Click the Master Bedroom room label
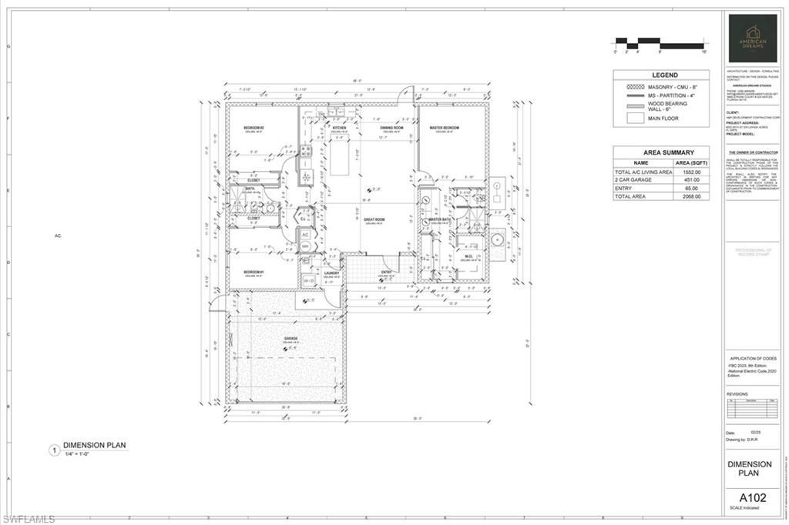tap(444, 128)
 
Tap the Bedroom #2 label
tap(254, 128)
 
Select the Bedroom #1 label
tap(254, 273)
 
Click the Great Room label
tap(374, 219)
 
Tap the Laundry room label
tap(332, 273)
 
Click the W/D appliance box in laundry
tap(308, 280)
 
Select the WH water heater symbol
tap(305, 246)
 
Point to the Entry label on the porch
tap(388, 273)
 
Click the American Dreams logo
tap(753, 38)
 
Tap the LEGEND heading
tap(660, 75)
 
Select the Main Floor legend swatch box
tap(635, 119)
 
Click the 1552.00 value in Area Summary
tap(691, 172)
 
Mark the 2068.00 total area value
tap(691, 197)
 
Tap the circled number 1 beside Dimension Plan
tap(54, 450)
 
